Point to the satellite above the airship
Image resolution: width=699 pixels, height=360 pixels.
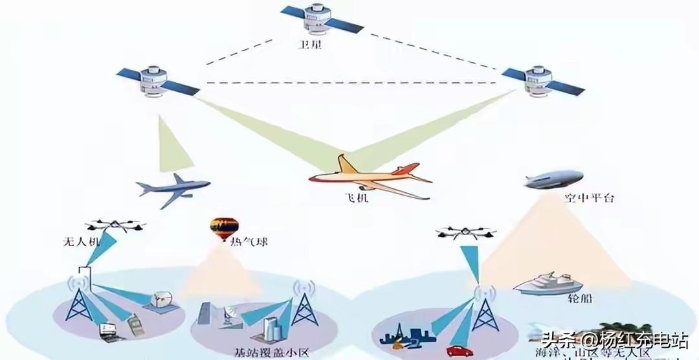(x=542, y=80)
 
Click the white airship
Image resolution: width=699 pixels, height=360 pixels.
(x=554, y=179)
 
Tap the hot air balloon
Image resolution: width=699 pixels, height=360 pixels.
(x=223, y=228)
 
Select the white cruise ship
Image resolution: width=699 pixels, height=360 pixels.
(x=545, y=284)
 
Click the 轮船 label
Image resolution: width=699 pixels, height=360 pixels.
(x=579, y=299)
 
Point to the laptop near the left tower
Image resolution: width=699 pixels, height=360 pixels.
(x=107, y=332)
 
